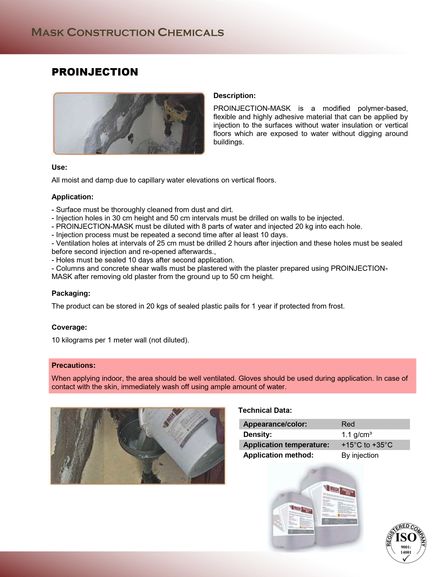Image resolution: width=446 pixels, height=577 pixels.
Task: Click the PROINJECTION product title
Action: (x=95, y=72)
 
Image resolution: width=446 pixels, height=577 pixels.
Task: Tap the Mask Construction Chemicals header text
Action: (x=127, y=32)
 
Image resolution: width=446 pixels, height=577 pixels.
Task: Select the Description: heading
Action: (x=234, y=96)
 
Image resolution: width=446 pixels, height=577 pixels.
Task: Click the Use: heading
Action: (x=59, y=167)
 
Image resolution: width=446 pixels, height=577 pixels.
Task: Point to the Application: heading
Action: (x=72, y=197)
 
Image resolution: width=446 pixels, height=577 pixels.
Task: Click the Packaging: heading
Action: (x=71, y=293)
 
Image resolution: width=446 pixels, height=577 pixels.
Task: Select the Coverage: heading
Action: (x=69, y=327)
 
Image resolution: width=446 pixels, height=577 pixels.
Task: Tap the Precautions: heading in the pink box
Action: (x=73, y=365)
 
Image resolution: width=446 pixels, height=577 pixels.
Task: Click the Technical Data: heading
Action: (x=265, y=410)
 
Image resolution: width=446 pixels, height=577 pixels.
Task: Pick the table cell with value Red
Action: (x=348, y=424)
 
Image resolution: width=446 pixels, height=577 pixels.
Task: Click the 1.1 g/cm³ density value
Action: (x=356, y=435)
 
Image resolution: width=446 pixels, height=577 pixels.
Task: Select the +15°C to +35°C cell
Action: (x=367, y=445)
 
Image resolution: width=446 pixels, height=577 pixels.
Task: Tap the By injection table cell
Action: (x=360, y=455)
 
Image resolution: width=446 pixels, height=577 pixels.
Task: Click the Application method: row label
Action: (x=278, y=455)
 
